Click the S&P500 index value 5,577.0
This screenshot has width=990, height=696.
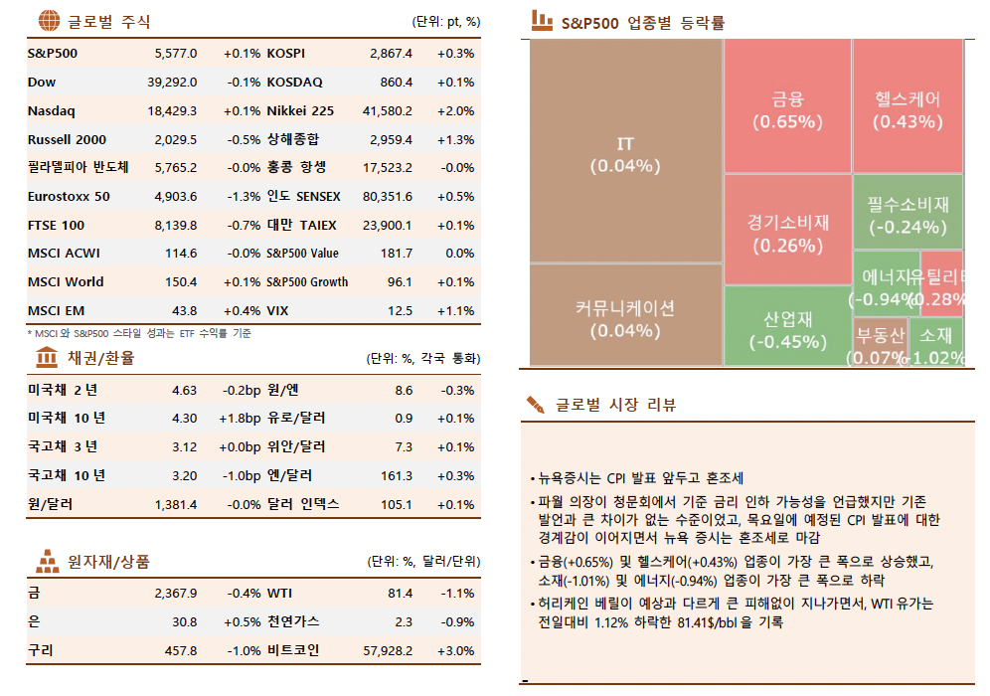point(176,53)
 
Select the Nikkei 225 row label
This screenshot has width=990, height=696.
point(300,110)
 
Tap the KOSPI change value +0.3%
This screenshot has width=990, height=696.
point(455,53)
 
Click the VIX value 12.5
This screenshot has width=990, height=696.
point(400,311)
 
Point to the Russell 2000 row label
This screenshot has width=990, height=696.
point(67,139)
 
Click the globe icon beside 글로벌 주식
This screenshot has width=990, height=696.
point(47,21)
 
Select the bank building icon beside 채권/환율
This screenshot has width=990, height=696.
point(47,357)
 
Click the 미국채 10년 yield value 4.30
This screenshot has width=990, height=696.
point(184,419)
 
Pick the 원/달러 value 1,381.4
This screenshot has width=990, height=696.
point(176,505)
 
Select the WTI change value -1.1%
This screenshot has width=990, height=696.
point(457,594)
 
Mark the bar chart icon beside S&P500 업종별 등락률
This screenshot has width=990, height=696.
point(542,19)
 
